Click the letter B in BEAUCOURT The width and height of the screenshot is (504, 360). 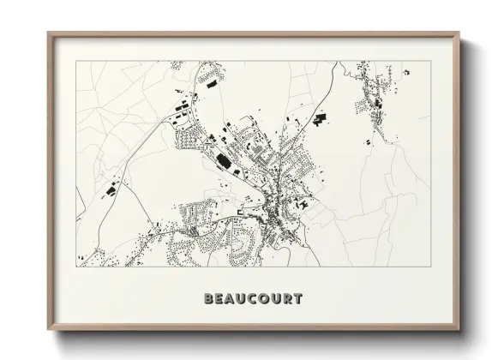click(x=208, y=300)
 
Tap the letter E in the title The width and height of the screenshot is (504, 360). click(x=220, y=300)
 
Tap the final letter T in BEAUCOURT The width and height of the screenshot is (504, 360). click(x=297, y=300)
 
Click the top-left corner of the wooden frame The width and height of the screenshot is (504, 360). click(x=48, y=33)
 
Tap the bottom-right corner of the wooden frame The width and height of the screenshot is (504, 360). click(x=460, y=331)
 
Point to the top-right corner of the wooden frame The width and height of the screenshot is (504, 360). click(x=460, y=33)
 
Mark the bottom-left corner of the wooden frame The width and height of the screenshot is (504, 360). click(x=48, y=331)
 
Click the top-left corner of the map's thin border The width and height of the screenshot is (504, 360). click(x=76, y=61)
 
